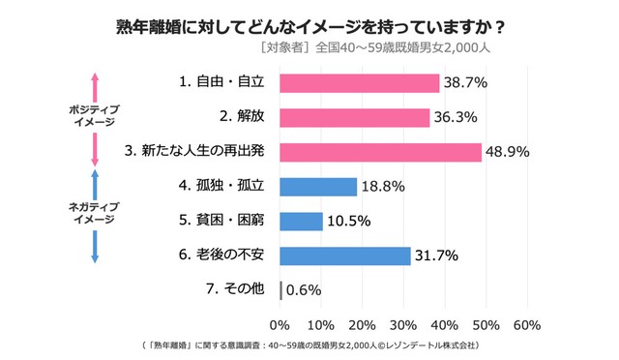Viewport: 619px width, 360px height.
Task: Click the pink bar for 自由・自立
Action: (359, 83)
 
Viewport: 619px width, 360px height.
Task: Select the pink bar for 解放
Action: (354, 118)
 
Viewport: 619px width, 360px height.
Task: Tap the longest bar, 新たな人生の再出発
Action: (380, 152)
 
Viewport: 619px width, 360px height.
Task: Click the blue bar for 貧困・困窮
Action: (301, 221)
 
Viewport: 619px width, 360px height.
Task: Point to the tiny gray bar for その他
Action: (280, 289)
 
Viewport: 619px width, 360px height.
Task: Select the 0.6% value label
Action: (304, 289)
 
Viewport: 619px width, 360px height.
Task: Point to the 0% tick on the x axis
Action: (280, 323)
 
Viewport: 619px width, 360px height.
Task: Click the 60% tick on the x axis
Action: (526, 323)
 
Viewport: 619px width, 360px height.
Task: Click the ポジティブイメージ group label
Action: (95, 116)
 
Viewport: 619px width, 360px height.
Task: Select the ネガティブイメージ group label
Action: (95, 212)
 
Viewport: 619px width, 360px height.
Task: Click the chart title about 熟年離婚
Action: (309, 24)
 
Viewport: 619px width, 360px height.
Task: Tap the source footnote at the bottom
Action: (309, 345)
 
